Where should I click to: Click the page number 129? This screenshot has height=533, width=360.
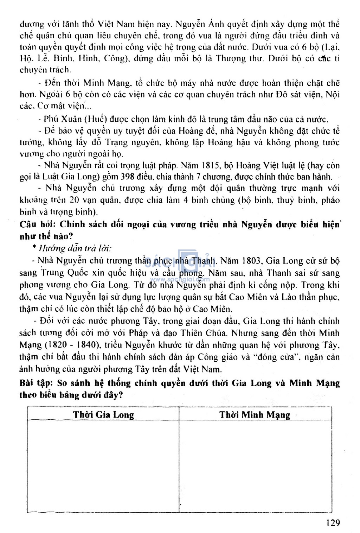[x=333, y=522]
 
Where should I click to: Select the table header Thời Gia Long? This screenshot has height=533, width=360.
[x=103, y=414]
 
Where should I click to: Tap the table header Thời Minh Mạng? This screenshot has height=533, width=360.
[x=255, y=414]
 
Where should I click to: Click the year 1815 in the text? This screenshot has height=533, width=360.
[x=211, y=165]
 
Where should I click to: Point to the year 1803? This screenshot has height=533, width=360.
[x=251, y=261]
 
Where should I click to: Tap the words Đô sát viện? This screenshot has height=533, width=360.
[x=298, y=94]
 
